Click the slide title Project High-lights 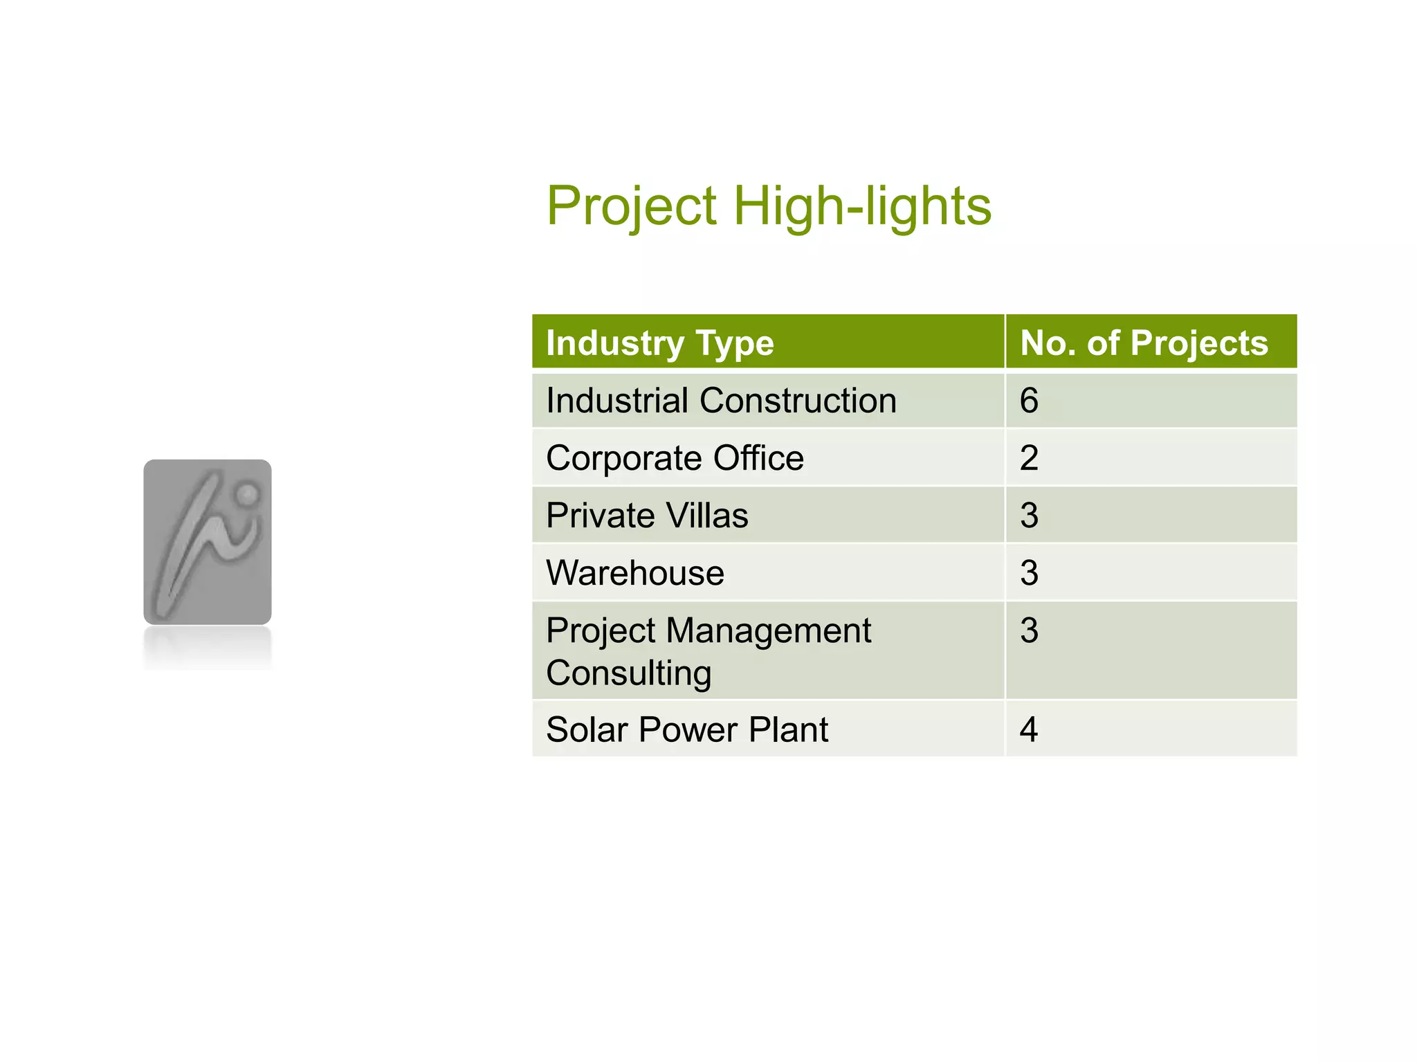click(769, 206)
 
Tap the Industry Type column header click(659, 343)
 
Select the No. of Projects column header click(1144, 343)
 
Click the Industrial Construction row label click(721, 401)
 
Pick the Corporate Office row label click(675, 458)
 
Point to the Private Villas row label click(647, 516)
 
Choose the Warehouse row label click(634, 573)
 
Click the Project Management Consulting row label click(708, 651)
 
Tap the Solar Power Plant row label click(686, 729)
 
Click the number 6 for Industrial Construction click(1029, 401)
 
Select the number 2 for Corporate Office click(1029, 458)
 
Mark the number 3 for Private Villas click(1029, 516)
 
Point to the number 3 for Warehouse click(1029, 573)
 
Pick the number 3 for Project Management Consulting click(1029, 630)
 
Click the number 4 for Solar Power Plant click(1029, 729)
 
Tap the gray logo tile click(207, 542)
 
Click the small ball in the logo click(246, 494)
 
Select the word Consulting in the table click(628, 673)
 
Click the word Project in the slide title click(632, 206)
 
